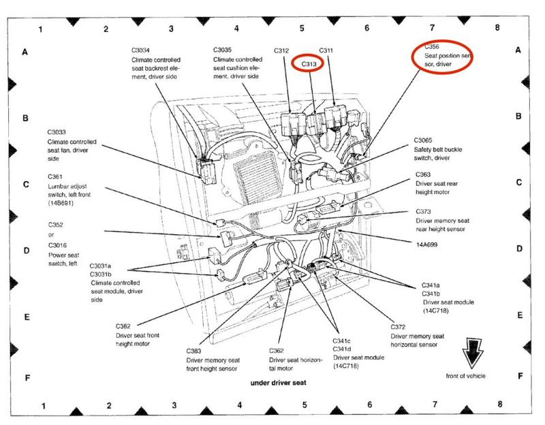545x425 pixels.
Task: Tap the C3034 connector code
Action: coord(143,50)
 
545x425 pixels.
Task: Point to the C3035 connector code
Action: coord(225,50)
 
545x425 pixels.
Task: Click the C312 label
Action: coord(282,50)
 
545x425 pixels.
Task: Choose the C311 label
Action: coord(326,50)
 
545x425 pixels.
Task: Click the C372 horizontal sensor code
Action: coord(398,327)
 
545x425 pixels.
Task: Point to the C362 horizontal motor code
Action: coord(276,350)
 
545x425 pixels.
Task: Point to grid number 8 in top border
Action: coord(497,28)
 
